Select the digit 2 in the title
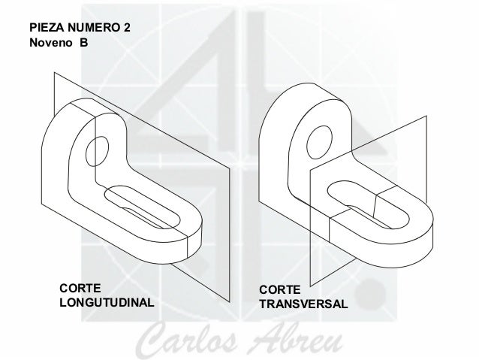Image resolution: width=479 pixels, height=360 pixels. [127, 28]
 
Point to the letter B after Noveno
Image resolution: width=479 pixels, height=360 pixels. [83, 43]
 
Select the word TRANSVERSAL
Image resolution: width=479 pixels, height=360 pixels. [303, 306]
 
